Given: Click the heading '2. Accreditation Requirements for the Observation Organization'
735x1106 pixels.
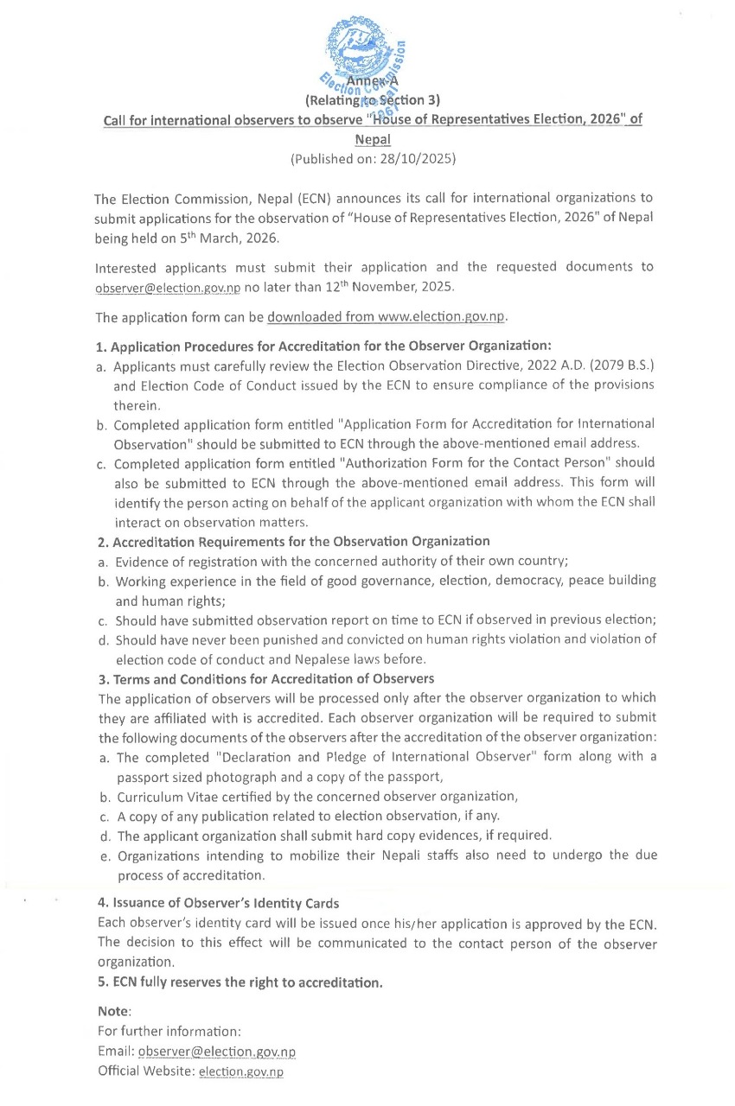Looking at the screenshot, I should click(x=293, y=541).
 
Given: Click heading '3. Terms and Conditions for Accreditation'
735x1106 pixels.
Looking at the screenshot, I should click(x=266, y=678).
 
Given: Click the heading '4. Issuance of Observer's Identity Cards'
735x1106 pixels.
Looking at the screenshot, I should click(x=218, y=904).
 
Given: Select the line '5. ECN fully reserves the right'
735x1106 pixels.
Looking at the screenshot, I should click(x=240, y=982).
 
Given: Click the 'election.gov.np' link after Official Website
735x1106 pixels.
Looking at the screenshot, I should click(x=241, y=1072).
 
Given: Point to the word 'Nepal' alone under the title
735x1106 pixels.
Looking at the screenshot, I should click(x=373, y=139).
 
